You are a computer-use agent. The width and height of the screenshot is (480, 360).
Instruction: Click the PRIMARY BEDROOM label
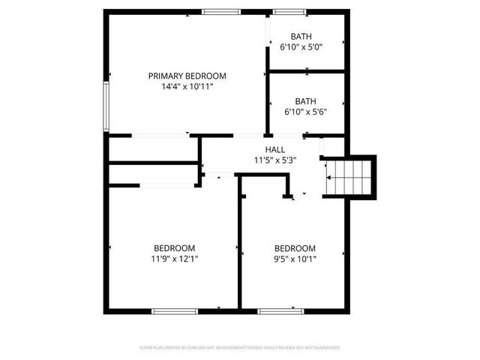[x=187, y=76]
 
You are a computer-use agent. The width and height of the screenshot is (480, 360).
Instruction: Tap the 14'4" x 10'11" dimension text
[x=187, y=87]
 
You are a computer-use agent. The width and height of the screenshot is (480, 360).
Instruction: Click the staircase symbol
[x=348, y=177]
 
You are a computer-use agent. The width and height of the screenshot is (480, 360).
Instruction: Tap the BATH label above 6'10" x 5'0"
[x=301, y=36]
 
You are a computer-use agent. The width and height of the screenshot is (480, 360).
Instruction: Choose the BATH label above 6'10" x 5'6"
[x=305, y=101]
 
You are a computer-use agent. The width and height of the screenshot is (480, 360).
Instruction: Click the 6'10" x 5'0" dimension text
[x=301, y=47]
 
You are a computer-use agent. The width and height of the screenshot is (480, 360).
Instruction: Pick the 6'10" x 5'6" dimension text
[x=305, y=112]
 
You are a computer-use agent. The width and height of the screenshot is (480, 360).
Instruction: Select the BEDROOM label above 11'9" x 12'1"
[x=175, y=248]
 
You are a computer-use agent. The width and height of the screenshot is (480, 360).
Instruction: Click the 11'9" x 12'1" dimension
[x=175, y=259]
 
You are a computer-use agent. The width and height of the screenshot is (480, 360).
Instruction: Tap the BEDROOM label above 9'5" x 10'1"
[x=295, y=249]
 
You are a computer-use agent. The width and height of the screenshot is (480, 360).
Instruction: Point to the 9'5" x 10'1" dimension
[x=295, y=259]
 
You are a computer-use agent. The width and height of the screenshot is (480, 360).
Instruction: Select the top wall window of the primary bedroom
[x=221, y=11]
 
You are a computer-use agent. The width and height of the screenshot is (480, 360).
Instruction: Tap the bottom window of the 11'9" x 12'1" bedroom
[x=175, y=310]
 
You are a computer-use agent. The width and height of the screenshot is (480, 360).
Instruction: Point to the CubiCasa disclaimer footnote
[x=240, y=348]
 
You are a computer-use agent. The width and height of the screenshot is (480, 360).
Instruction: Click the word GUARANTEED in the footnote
[x=326, y=348]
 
